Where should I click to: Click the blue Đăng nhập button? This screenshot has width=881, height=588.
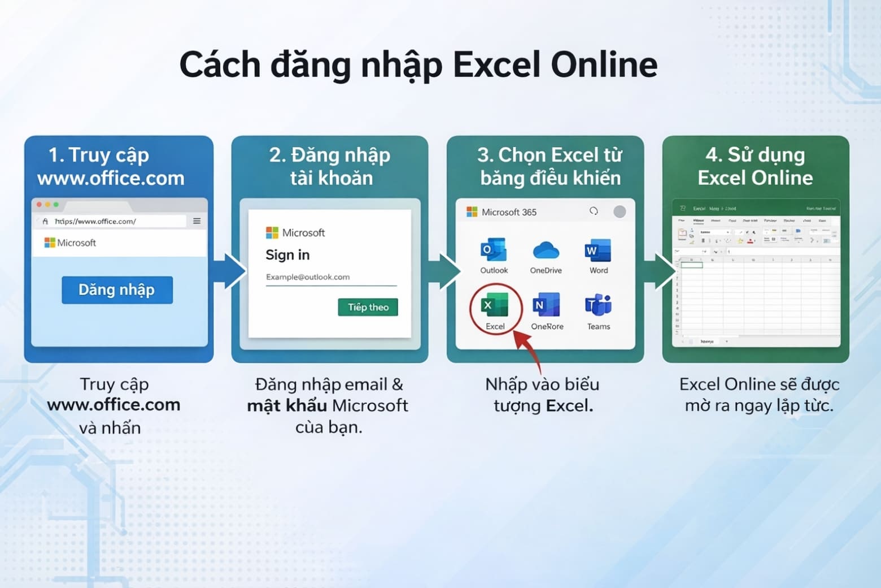117,290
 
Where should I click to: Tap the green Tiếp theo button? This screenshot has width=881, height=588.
368,307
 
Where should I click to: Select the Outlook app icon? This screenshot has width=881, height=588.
493,250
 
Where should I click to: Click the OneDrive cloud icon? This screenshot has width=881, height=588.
546,250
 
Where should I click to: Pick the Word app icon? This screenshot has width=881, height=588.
598,250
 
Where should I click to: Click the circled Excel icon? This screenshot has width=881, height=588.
495,306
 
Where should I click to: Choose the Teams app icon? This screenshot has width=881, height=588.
598,305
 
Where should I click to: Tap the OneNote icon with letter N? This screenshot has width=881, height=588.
546,305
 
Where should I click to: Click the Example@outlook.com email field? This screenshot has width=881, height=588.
330,277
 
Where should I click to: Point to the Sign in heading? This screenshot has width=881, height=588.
287,255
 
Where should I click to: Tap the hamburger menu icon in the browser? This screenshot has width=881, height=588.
197,221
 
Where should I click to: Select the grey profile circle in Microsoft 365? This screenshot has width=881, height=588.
620,211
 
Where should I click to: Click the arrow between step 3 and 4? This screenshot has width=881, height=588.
660,270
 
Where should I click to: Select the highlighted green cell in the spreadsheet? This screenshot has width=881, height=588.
691,265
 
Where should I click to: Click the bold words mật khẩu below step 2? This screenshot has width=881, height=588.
287,405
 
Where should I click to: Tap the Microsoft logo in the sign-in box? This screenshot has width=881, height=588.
272,232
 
